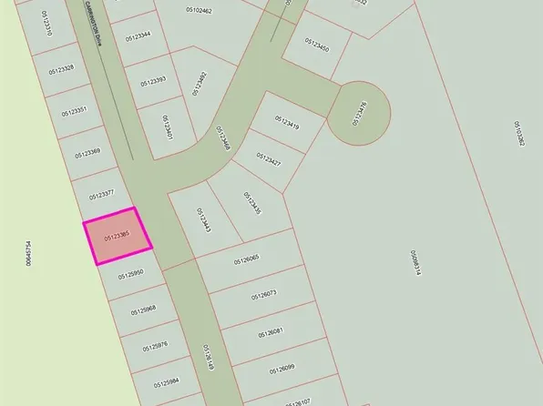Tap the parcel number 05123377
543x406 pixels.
coord(101,195)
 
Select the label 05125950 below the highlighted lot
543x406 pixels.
coord(129,273)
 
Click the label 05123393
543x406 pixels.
coord(153,81)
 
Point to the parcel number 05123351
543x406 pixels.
coord(74,111)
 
